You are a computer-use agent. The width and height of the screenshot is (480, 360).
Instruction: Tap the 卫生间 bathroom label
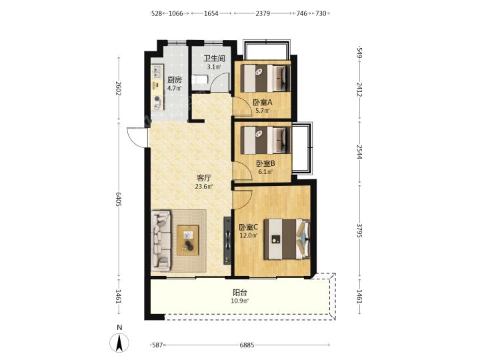pyautogui.click(x=215, y=58)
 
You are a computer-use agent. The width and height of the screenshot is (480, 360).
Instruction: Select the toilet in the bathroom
pyautogui.click(x=200, y=79)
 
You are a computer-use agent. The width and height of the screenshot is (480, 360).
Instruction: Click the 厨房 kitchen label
pyautogui.click(x=175, y=80)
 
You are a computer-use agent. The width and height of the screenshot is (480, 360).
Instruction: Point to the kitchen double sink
pyautogui.click(x=157, y=71)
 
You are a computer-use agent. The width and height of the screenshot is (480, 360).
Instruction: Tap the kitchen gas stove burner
pyautogui.click(x=157, y=102)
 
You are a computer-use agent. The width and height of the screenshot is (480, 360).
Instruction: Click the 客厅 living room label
pyautogui.click(x=204, y=178)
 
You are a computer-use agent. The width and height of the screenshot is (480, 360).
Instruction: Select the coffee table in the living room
pyautogui.click(x=187, y=240)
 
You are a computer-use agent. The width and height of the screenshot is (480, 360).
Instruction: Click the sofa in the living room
pyautogui.click(x=161, y=241)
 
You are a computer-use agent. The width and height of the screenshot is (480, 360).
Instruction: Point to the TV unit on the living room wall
pyautogui.click(x=227, y=241)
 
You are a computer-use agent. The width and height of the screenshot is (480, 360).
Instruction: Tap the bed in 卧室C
pyautogui.click(x=287, y=239)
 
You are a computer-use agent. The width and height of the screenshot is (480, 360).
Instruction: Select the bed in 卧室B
pyautogui.click(x=265, y=140)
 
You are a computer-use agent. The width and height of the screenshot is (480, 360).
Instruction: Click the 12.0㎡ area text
pyautogui.click(x=249, y=235)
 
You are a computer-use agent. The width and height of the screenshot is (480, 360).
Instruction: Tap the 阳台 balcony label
pyautogui.click(x=240, y=293)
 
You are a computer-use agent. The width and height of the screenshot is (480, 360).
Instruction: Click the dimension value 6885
pyautogui.click(x=247, y=345)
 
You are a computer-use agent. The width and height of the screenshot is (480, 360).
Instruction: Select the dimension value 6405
pyautogui.click(x=119, y=199)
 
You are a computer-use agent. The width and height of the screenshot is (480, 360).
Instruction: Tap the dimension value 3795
pyautogui.click(x=359, y=231)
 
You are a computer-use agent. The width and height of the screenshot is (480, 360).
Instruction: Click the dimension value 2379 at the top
pyautogui.click(x=263, y=13)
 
